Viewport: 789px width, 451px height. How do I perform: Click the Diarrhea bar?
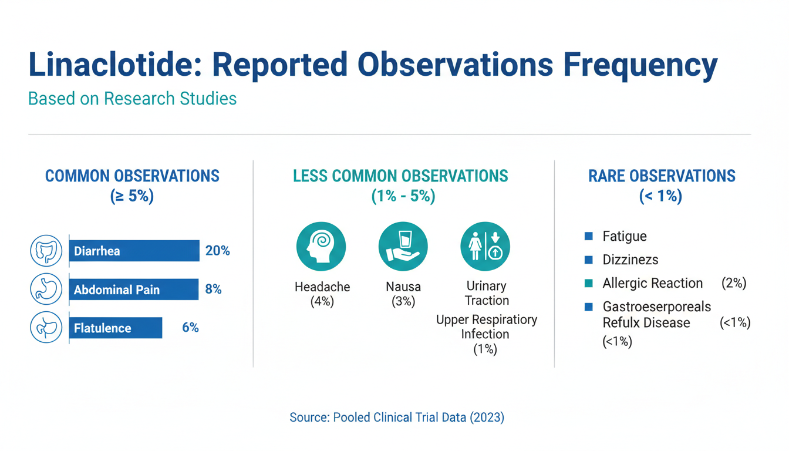[x=134, y=251]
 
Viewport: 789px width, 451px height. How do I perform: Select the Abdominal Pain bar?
[x=134, y=290]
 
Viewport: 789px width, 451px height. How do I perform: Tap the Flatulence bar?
[x=116, y=328]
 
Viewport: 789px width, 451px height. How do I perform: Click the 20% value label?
[x=218, y=251]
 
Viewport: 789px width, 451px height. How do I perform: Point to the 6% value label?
[x=190, y=327]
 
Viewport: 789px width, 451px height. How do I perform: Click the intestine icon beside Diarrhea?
[x=46, y=251]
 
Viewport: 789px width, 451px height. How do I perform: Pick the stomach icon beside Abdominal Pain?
[x=46, y=289]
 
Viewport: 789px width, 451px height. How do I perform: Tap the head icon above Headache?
[x=321, y=246]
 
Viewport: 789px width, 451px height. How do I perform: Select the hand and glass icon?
[x=403, y=246]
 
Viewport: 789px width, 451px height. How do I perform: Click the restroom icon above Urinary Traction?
[x=485, y=246]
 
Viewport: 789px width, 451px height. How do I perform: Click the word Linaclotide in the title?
[x=115, y=64]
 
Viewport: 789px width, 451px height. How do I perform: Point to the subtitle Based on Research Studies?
[x=133, y=98]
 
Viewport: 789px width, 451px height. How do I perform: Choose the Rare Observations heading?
[x=662, y=186]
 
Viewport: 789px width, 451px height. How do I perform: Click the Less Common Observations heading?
[x=401, y=186]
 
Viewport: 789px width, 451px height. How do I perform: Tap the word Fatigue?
[x=625, y=237]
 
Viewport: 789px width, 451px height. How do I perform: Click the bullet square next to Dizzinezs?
[x=589, y=260]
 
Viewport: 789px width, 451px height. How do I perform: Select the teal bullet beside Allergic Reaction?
[x=589, y=283]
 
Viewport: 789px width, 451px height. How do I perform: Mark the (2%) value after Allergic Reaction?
[x=734, y=283]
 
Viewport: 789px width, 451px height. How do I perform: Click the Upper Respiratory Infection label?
[x=487, y=327]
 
